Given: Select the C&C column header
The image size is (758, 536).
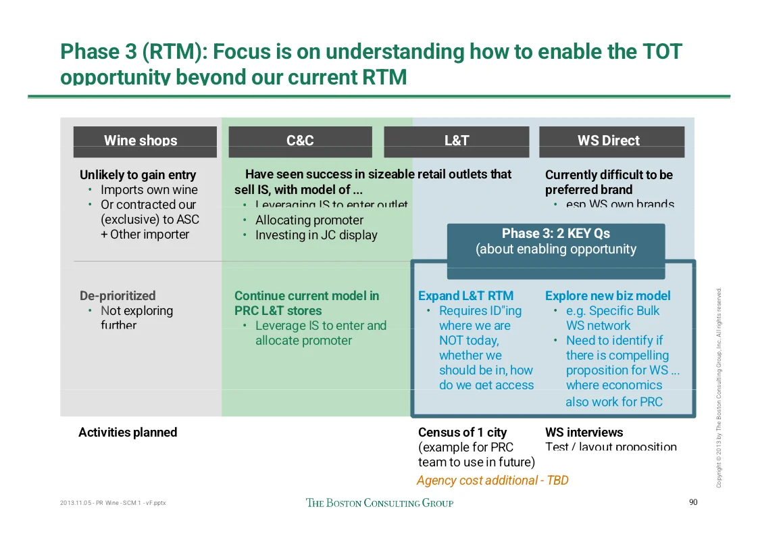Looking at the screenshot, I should [x=300, y=141].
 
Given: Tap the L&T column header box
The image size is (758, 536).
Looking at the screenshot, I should [x=456, y=141].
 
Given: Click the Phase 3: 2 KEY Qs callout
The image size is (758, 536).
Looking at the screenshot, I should [x=555, y=241].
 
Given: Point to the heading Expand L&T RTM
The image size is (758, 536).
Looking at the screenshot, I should [x=465, y=296].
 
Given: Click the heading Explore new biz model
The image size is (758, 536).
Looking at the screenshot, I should [x=607, y=296].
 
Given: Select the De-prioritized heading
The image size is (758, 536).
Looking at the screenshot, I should [x=118, y=296].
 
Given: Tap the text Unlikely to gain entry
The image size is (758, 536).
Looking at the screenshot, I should [x=138, y=175].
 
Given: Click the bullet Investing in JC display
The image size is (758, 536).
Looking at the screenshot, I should [x=316, y=235].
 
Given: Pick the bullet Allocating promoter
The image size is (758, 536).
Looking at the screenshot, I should [x=309, y=220].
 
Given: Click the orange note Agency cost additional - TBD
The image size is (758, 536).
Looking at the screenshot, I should [x=492, y=481].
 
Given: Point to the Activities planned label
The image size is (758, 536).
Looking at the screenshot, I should [x=128, y=433].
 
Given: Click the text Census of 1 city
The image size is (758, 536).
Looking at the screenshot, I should [x=462, y=433].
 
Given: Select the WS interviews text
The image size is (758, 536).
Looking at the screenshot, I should [x=584, y=433].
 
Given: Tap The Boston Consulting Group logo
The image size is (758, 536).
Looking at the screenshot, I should [x=380, y=503].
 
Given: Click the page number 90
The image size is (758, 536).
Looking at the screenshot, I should [x=692, y=502].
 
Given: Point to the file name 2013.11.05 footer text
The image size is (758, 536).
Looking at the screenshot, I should [x=113, y=504].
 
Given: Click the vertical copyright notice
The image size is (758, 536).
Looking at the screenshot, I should [x=720, y=387].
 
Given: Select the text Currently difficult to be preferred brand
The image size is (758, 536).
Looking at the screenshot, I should [x=608, y=182].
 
